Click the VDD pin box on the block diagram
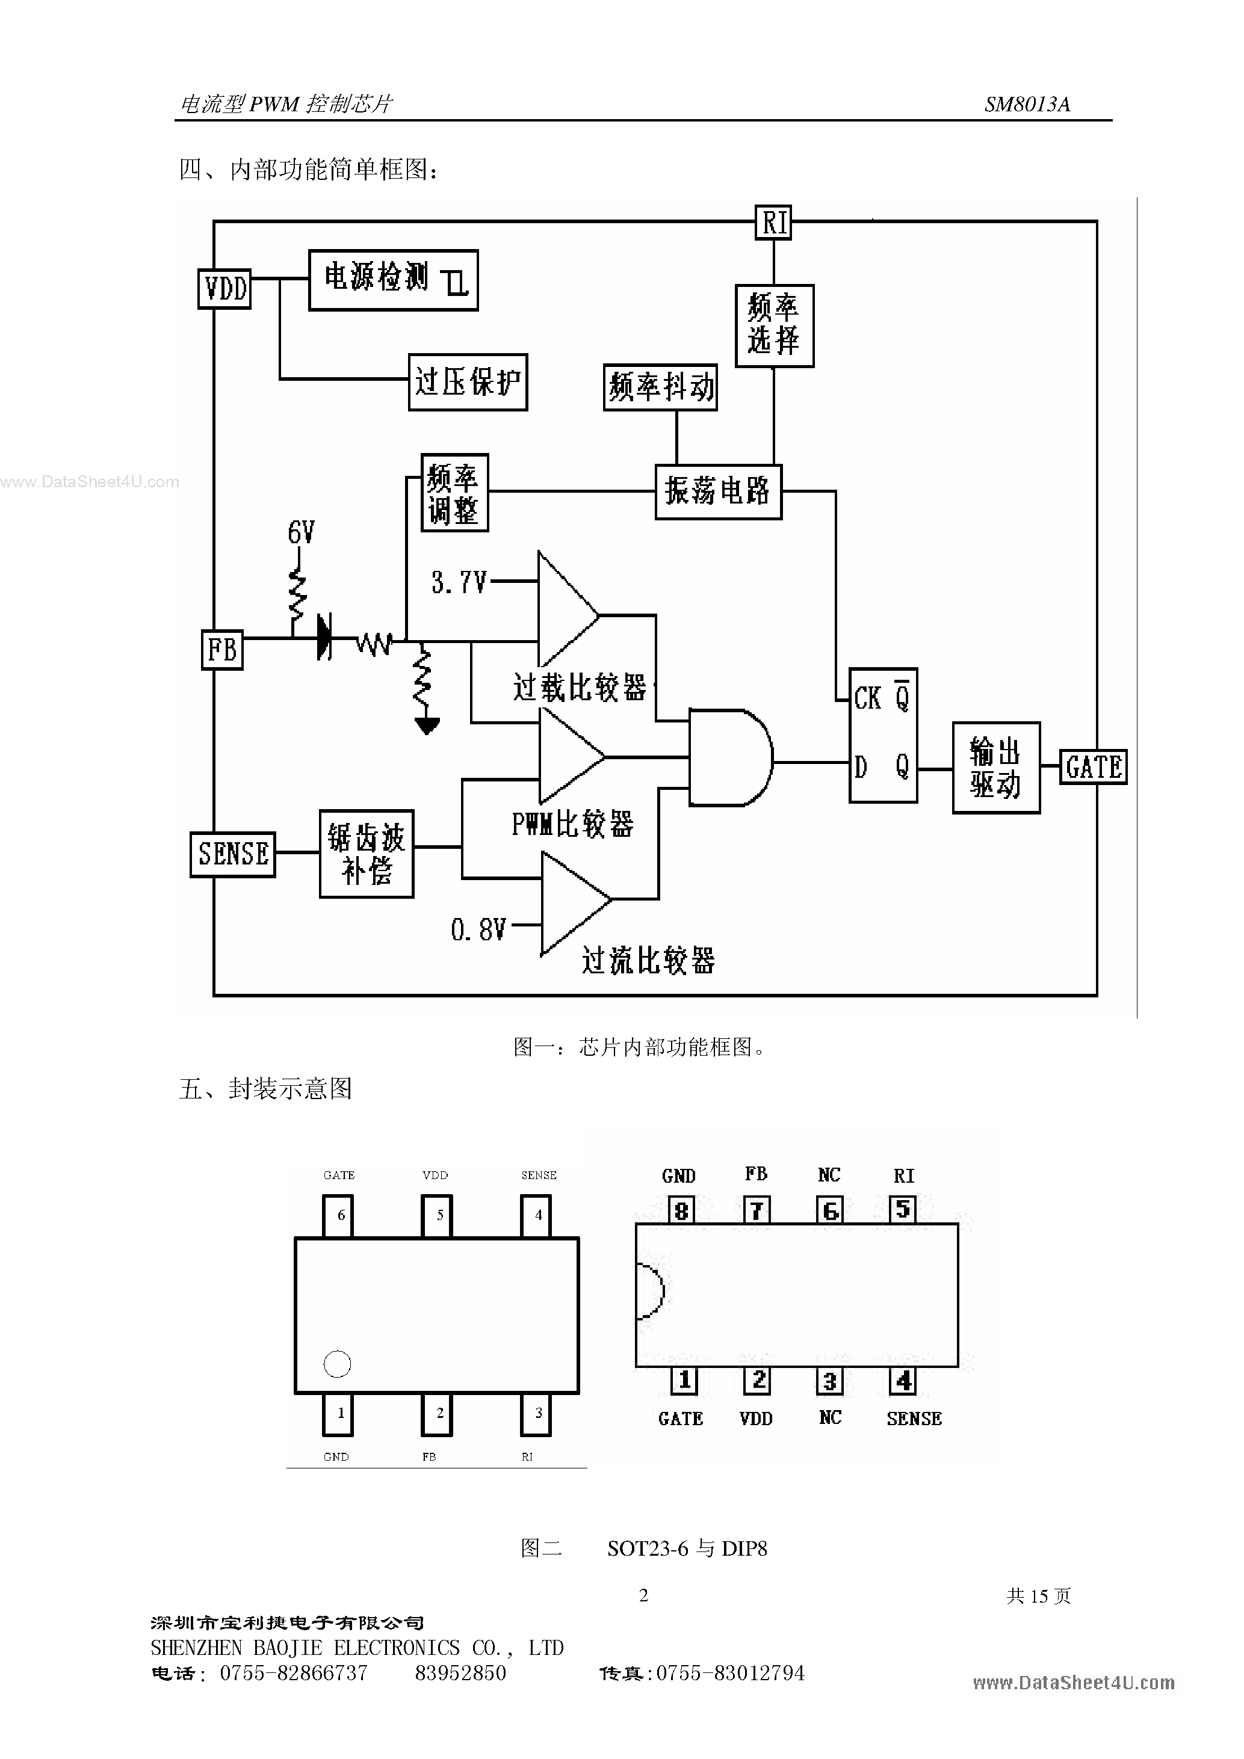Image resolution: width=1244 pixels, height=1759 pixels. pyautogui.click(x=224, y=289)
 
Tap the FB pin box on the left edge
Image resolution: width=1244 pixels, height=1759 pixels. pyautogui.click(x=222, y=650)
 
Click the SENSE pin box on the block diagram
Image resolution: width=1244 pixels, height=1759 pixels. pyautogui.click(x=233, y=854)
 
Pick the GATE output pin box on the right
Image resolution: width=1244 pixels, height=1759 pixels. pyautogui.click(x=1093, y=767)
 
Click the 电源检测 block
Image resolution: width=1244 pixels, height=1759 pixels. pyautogui.click(x=393, y=280)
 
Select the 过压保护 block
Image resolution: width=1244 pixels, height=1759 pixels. pyautogui.click(x=468, y=382)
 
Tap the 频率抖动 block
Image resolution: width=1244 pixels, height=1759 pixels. pyautogui.click(x=660, y=387)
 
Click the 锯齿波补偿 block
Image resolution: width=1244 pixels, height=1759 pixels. pyautogui.click(x=367, y=854)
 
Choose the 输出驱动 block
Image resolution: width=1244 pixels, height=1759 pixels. pyautogui.click(x=995, y=768)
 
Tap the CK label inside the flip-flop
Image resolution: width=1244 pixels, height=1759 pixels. pyautogui.click(x=868, y=698)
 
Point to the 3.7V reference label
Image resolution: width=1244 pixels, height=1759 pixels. pyautogui.click(x=459, y=583)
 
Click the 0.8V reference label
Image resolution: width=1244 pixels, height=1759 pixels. pyautogui.click(x=478, y=930)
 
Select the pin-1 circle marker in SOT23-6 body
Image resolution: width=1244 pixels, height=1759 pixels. pyautogui.click(x=337, y=1364)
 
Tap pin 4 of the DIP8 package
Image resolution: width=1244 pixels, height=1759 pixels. pyautogui.click(x=903, y=1381)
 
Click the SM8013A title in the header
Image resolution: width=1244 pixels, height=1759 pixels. pyautogui.click(x=1027, y=104)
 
